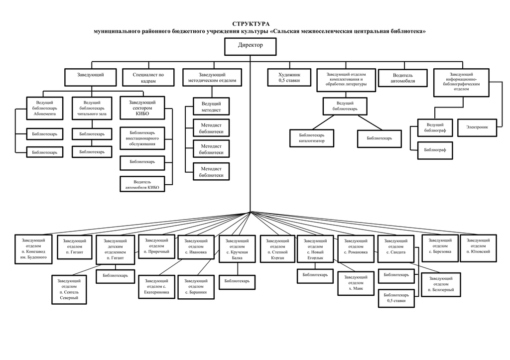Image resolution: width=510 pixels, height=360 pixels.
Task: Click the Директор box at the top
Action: pos(250,46)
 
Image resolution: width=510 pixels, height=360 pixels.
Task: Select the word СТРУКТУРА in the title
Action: pos(251,24)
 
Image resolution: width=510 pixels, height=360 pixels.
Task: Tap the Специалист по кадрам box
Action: pos(148,77)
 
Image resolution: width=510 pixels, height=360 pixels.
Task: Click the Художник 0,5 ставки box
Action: pos(289,77)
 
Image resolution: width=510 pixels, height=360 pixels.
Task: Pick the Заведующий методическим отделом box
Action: pos(212,77)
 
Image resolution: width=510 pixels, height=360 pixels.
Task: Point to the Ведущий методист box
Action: pos(211,107)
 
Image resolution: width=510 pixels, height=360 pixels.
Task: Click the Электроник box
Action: pos(477,127)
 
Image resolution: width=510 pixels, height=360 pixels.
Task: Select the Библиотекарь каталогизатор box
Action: pos(312,138)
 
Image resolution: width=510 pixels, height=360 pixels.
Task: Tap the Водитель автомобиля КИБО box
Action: pos(142,184)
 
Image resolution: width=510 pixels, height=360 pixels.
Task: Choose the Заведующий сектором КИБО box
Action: pos(142,108)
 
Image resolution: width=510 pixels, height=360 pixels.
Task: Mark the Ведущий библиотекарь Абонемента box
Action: pos(44,108)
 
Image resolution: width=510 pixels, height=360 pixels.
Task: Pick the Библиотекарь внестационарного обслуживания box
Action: pos(142,138)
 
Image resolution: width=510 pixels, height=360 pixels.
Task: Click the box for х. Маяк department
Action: pos(356,283)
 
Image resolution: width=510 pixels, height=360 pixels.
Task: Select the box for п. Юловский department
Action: pos(478,248)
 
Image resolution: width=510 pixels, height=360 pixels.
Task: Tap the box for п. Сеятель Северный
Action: pos(69,289)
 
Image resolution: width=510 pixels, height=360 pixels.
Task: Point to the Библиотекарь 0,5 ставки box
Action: pos(396,298)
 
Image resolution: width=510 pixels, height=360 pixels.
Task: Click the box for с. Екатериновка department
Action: pos(156,287)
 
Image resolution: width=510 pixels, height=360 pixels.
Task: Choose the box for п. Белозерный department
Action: pos(441,284)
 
